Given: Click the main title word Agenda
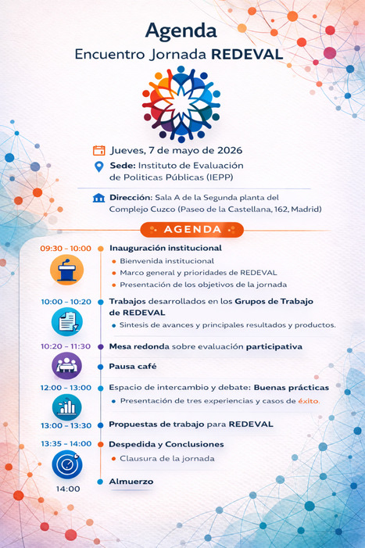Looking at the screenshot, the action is pyautogui.click(x=181, y=30).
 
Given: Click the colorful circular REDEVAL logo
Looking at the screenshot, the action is pyautogui.click(x=181, y=103).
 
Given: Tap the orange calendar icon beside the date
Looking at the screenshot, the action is pyautogui.click(x=99, y=151).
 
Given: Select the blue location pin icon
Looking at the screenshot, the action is pyautogui.click(x=99, y=167).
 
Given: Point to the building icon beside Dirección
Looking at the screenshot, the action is pyautogui.click(x=98, y=198).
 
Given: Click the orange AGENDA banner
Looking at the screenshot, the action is pyautogui.click(x=192, y=229).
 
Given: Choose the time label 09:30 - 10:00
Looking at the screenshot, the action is pyautogui.click(x=66, y=249).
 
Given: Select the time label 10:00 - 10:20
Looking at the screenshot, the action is pyautogui.click(x=66, y=301).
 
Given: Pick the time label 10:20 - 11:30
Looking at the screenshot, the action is pyautogui.click(x=66, y=346).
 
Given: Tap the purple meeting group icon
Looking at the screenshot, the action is pyautogui.click(x=66, y=365).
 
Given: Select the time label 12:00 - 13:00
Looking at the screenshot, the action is pyautogui.click(x=66, y=387).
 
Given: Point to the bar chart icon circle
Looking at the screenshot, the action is pyautogui.click(x=66, y=407).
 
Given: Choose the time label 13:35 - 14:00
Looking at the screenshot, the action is pyautogui.click(x=66, y=443).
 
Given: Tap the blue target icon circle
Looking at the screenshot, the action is pyautogui.click(x=66, y=464).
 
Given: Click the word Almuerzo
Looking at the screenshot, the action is pyautogui.click(x=131, y=482).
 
